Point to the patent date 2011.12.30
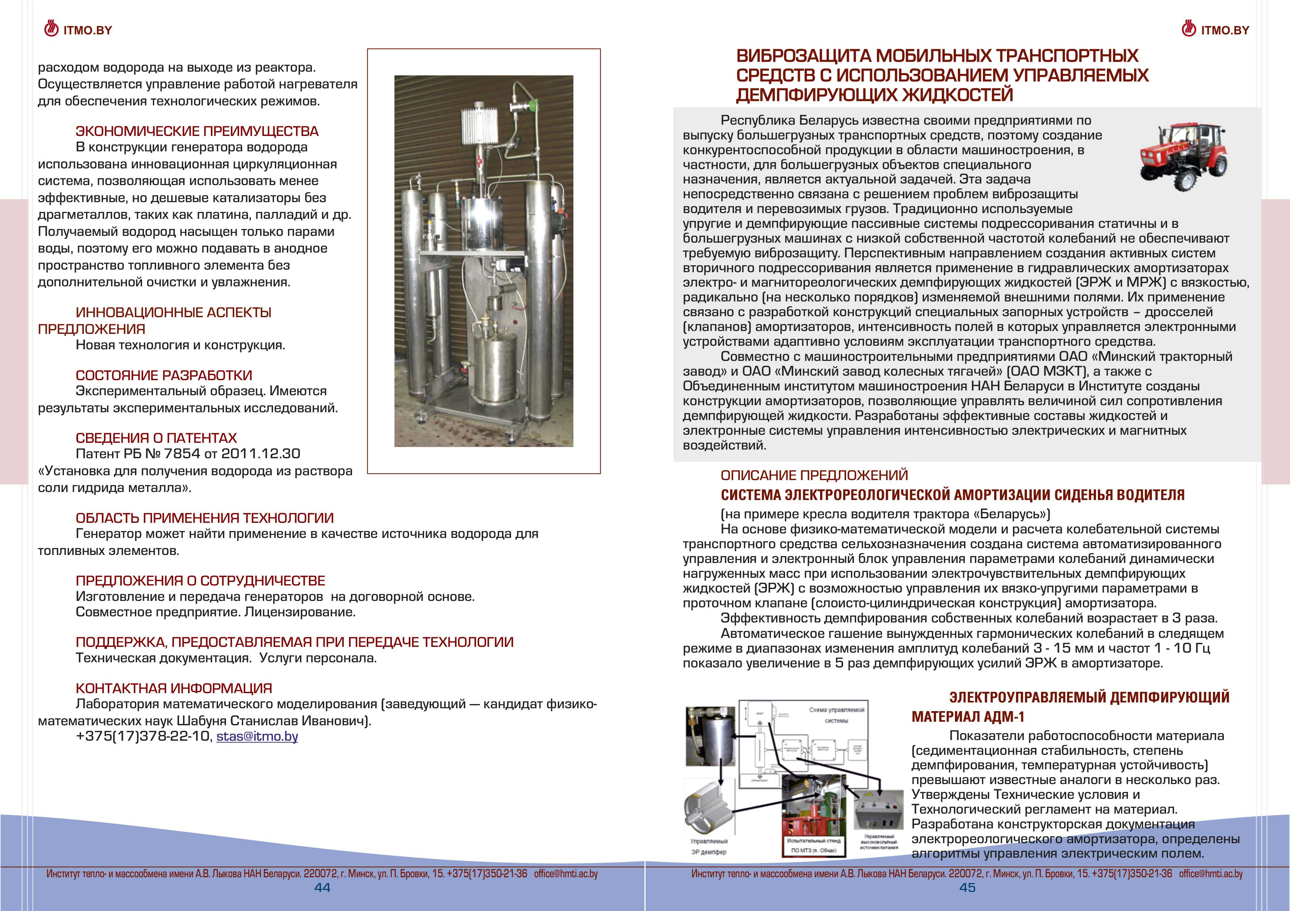point(261,453)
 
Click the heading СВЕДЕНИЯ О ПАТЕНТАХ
point(156,438)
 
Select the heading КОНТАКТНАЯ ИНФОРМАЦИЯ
point(173,688)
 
